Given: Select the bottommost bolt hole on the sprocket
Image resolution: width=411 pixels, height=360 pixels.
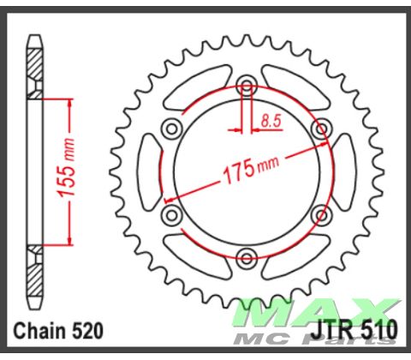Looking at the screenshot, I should (x=247, y=256).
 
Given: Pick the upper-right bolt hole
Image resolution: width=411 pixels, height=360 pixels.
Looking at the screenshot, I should (x=321, y=129).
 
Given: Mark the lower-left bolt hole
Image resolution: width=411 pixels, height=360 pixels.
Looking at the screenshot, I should (x=171, y=213).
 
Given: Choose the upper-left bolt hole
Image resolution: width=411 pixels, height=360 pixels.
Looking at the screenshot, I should (x=171, y=129).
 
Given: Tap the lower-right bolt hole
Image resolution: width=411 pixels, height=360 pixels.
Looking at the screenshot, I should (x=321, y=213).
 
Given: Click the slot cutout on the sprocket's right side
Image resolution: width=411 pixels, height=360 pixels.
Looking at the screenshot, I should (x=348, y=171).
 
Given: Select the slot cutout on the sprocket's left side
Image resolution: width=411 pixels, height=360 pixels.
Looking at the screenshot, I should (x=145, y=171).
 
